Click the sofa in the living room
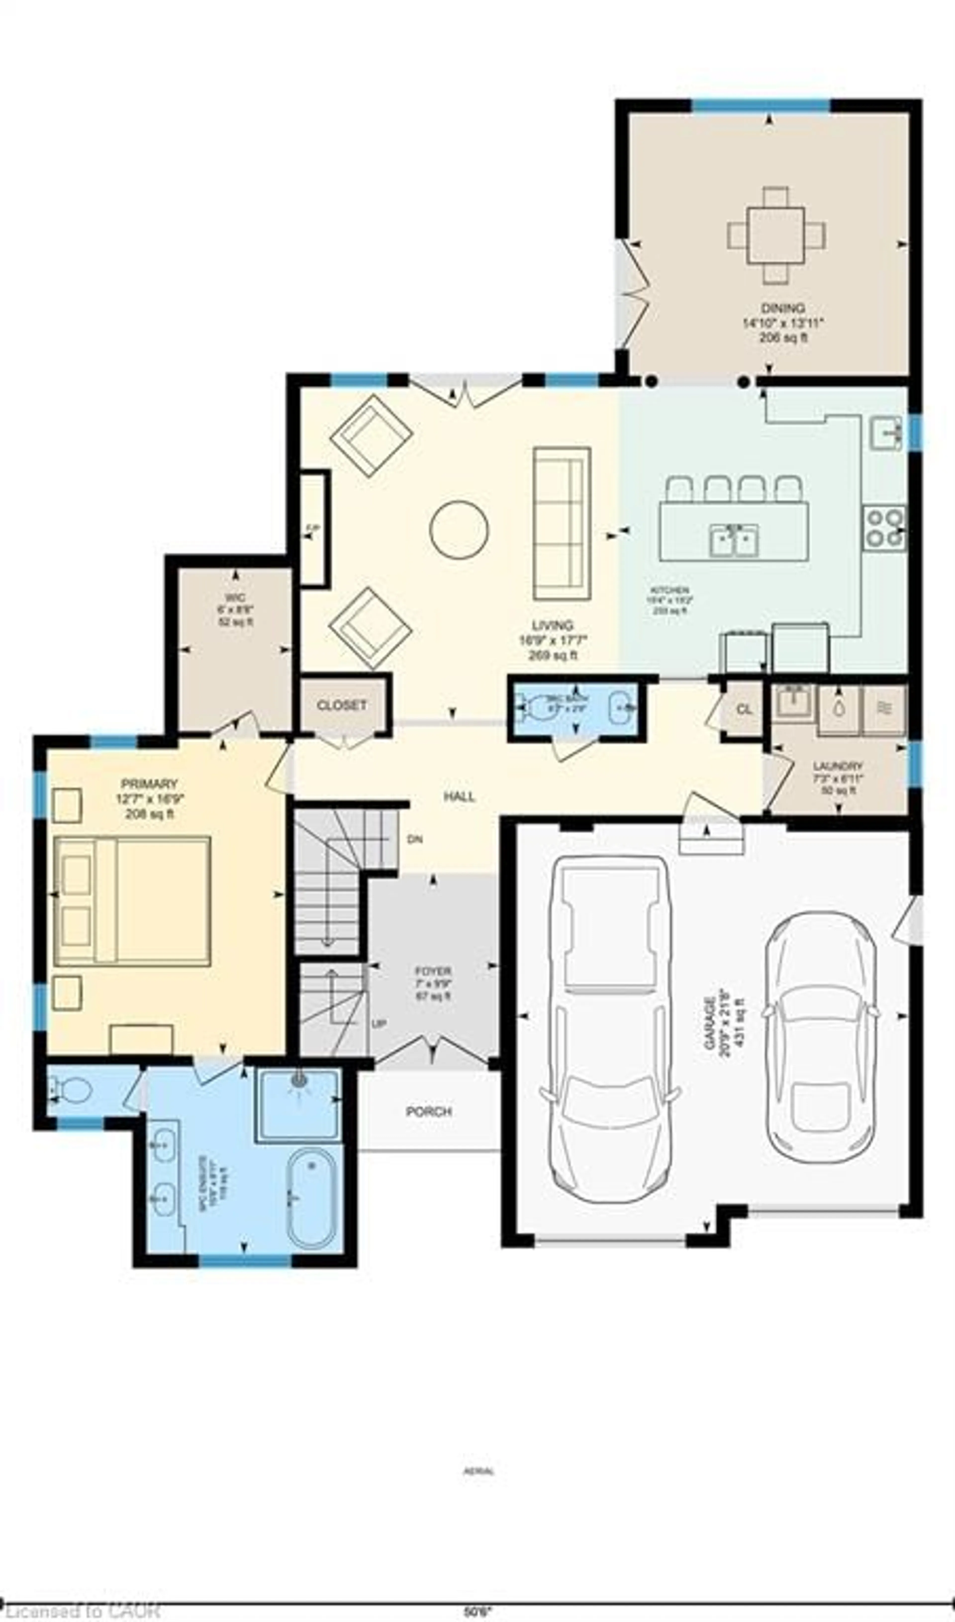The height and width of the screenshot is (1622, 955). coord(562,523)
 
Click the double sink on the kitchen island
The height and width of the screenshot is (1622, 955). coord(734,540)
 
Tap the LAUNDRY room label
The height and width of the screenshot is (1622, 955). coord(838,766)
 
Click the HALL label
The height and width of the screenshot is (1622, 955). coord(459,796)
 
